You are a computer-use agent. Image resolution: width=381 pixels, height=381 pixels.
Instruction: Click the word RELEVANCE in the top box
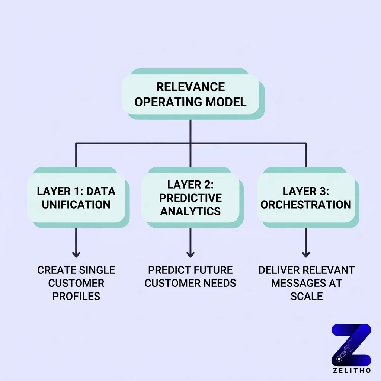click(190, 87)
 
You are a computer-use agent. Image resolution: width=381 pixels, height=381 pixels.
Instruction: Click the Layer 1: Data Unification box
click(76, 198)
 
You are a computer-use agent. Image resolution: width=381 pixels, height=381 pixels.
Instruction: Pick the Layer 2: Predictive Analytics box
click(190, 198)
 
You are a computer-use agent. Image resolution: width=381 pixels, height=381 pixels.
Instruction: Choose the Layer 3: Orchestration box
click(305, 198)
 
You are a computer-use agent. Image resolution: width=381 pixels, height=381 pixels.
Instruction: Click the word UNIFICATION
click(76, 205)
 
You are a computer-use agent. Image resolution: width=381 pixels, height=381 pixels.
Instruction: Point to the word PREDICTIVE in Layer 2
click(190, 198)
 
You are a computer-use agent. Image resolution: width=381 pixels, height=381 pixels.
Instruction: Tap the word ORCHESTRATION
click(305, 205)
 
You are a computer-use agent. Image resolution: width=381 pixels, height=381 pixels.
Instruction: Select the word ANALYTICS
click(190, 211)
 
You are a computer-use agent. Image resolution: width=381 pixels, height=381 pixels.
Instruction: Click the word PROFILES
click(76, 296)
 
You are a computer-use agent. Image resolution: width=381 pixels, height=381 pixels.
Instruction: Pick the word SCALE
click(307, 296)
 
